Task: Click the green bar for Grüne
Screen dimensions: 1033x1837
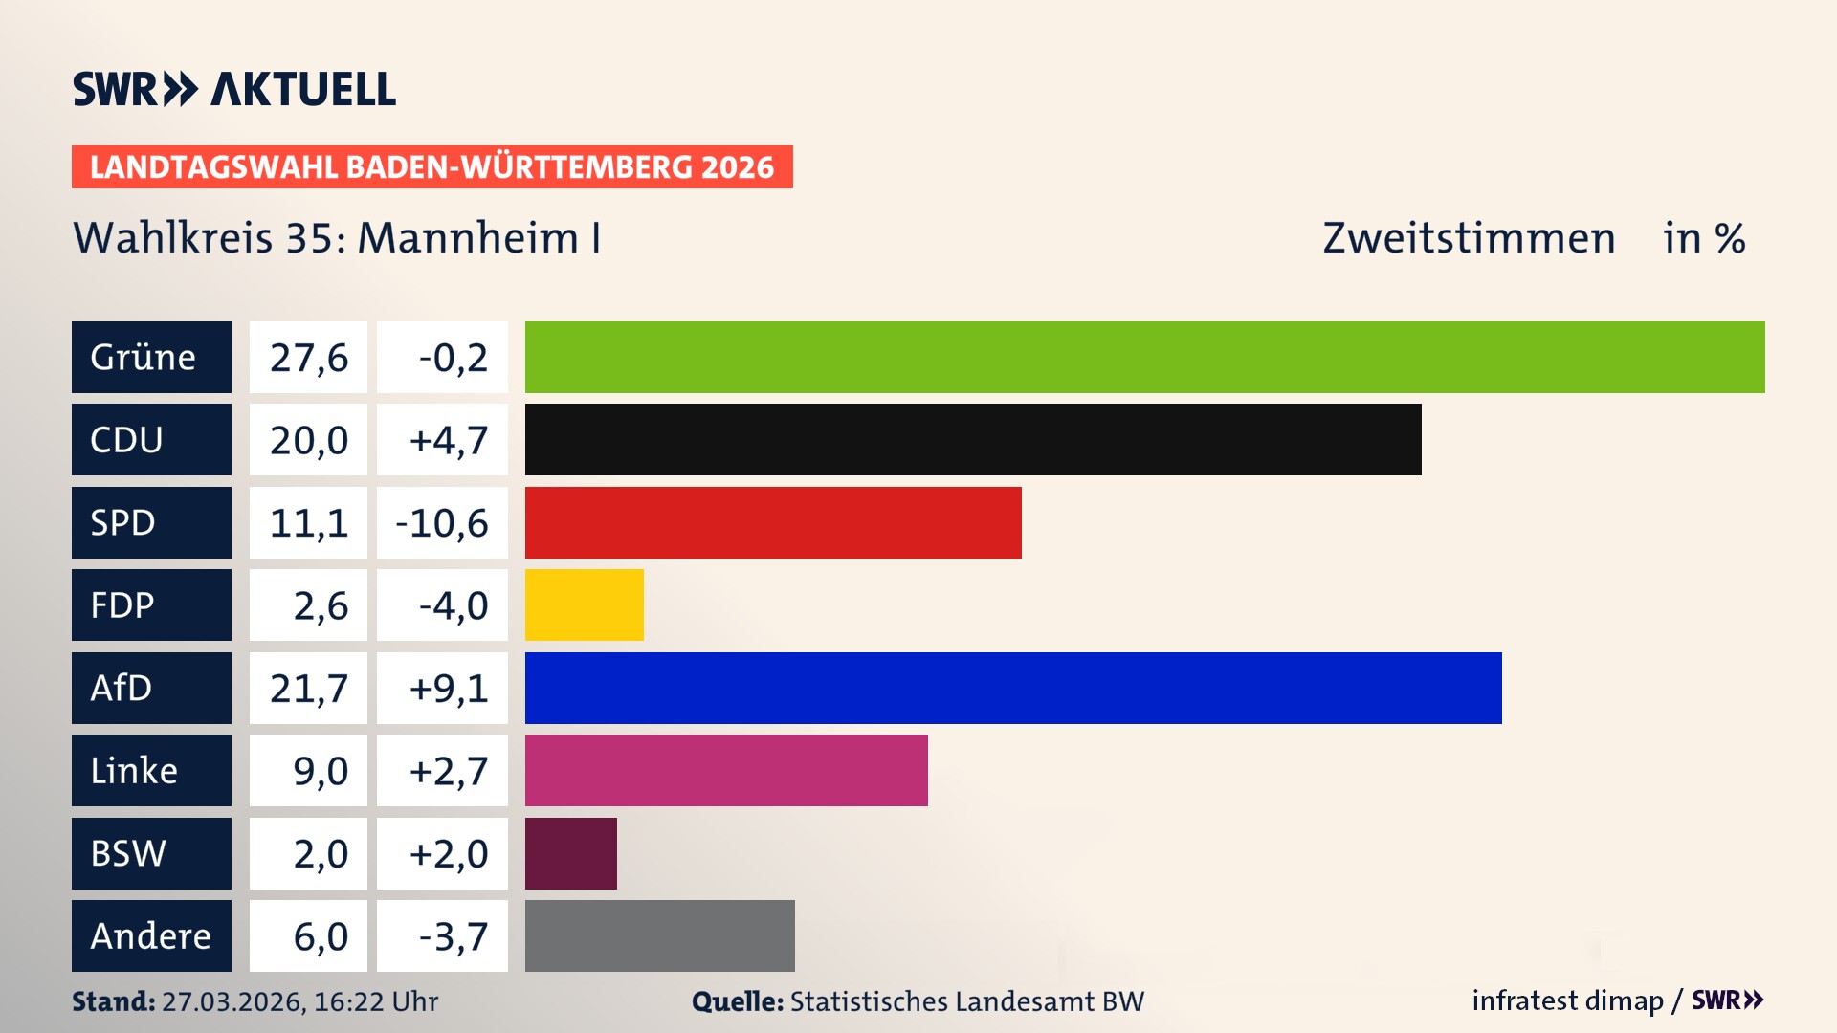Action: [1144, 357]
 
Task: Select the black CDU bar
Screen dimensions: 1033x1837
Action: [973, 439]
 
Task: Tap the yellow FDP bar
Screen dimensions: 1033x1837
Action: [584, 604]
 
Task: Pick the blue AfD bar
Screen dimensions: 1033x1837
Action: [1013, 688]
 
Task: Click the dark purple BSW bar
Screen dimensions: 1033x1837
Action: [570, 853]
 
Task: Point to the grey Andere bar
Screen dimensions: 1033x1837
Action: [659, 935]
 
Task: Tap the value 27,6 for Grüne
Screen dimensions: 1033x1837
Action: [308, 358]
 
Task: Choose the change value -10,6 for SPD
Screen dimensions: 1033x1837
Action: [442, 523]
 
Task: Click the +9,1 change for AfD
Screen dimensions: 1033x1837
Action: [448, 689]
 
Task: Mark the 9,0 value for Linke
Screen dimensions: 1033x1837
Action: [320, 771]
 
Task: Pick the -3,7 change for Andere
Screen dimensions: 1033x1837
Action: [453, 936]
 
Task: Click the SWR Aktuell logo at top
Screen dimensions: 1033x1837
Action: [234, 89]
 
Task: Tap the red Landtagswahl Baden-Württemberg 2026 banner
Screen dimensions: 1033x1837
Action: [432, 167]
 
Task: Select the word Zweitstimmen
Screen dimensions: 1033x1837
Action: [1469, 238]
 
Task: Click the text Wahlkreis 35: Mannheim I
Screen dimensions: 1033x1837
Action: [337, 238]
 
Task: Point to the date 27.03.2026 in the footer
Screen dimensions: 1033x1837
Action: [232, 1001]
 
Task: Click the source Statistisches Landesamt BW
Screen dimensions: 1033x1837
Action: [966, 1001]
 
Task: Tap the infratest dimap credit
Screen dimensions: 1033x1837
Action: [1567, 1000]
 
